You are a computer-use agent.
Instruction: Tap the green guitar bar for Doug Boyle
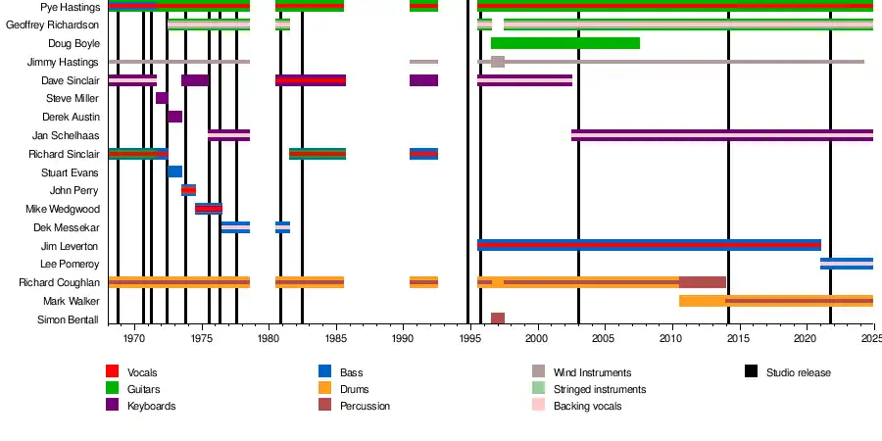click(x=564, y=43)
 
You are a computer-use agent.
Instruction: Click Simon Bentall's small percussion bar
click(x=498, y=318)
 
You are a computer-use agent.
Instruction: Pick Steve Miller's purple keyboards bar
click(x=162, y=98)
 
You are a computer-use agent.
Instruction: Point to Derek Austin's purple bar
click(x=174, y=117)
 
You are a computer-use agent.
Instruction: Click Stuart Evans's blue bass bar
click(x=174, y=171)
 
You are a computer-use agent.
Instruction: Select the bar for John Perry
click(x=188, y=190)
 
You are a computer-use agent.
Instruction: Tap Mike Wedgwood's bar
click(x=209, y=209)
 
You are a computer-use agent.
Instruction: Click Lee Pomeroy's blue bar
click(x=846, y=264)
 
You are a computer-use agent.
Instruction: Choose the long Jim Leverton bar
click(x=649, y=245)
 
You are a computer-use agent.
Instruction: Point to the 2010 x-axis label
click(x=670, y=338)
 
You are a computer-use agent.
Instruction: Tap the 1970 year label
click(x=133, y=338)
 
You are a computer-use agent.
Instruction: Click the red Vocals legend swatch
click(x=113, y=371)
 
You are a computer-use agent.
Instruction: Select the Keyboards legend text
click(x=152, y=406)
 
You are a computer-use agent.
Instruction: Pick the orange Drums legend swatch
click(x=324, y=388)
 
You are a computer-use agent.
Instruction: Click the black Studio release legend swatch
click(x=752, y=371)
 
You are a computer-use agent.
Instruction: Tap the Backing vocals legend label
click(x=587, y=406)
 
